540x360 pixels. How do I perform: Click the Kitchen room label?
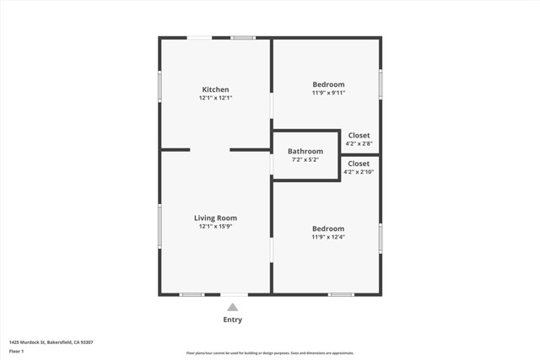pos(215,89)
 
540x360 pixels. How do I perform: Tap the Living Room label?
pos(215,218)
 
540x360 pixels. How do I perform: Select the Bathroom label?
pos(305,151)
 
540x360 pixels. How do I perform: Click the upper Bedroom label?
pos(328,84)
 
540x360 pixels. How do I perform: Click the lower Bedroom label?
pos(328,228)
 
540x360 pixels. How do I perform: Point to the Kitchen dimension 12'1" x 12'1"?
pos(215,98)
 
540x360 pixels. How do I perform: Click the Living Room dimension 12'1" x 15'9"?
pos(215,226)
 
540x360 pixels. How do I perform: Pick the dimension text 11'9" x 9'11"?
pos(328,93)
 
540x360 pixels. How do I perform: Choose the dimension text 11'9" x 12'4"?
pos(328,237)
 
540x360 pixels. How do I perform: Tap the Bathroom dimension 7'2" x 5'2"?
pos(305,159)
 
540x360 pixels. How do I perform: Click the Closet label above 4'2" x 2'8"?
pos(359,135)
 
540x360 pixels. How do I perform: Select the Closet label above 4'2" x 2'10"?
pos(359,164)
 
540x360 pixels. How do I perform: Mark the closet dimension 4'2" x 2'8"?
pos(359,143)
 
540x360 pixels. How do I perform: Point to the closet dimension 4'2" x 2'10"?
pos(359,172)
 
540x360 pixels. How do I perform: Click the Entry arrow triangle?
pos(232,307)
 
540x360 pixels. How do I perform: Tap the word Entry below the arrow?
pos(232,320)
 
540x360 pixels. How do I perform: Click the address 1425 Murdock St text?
pos(51,341)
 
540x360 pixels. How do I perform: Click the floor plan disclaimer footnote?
pos(269,353)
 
